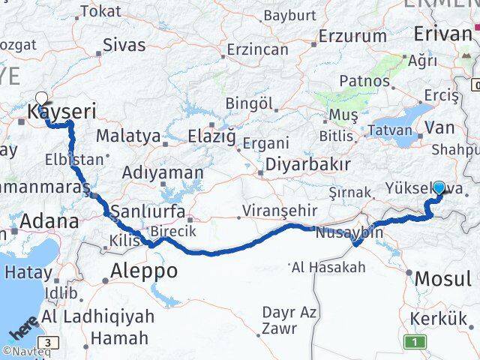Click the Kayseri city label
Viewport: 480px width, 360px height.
pos(62,112)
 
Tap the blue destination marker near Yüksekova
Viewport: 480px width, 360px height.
pos(438,188)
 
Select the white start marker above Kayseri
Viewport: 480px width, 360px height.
pos(41,97)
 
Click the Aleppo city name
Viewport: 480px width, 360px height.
pos(145,271)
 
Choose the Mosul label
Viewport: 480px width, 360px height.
pos(442,278)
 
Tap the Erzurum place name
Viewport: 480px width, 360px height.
pos(352,36)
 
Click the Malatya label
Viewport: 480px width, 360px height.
pos(128,136)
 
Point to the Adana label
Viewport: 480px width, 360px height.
pos(49,221)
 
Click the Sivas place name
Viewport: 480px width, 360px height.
pos(124,44)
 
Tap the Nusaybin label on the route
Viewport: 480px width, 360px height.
pos(349,232)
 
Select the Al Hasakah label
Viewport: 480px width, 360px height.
pos(328,267)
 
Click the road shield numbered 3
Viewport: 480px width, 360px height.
pos(48,343)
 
